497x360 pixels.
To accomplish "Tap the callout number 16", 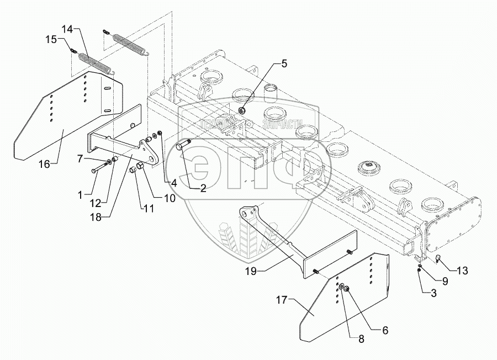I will click(44, 163).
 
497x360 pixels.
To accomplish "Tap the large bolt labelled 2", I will click(183, 146).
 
